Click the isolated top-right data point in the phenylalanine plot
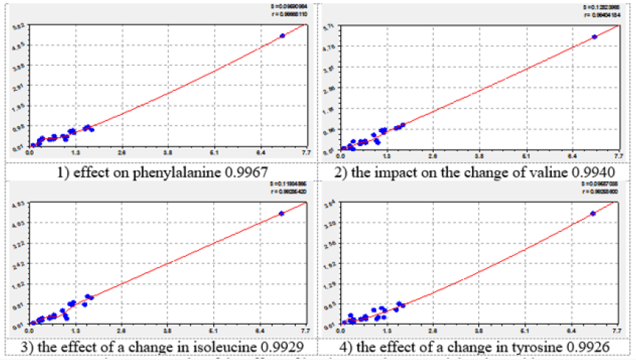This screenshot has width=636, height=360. coord(282,35)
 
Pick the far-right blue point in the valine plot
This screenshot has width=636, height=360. coord(595,36)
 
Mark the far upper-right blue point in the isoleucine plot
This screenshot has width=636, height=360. coord(281,213)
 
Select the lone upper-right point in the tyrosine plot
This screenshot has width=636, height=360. coord(593,213)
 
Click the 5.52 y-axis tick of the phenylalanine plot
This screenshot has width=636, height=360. coord(21,26)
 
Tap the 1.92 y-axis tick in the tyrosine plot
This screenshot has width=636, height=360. coord(332,263)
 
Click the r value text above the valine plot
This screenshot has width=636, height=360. coord(598,15)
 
